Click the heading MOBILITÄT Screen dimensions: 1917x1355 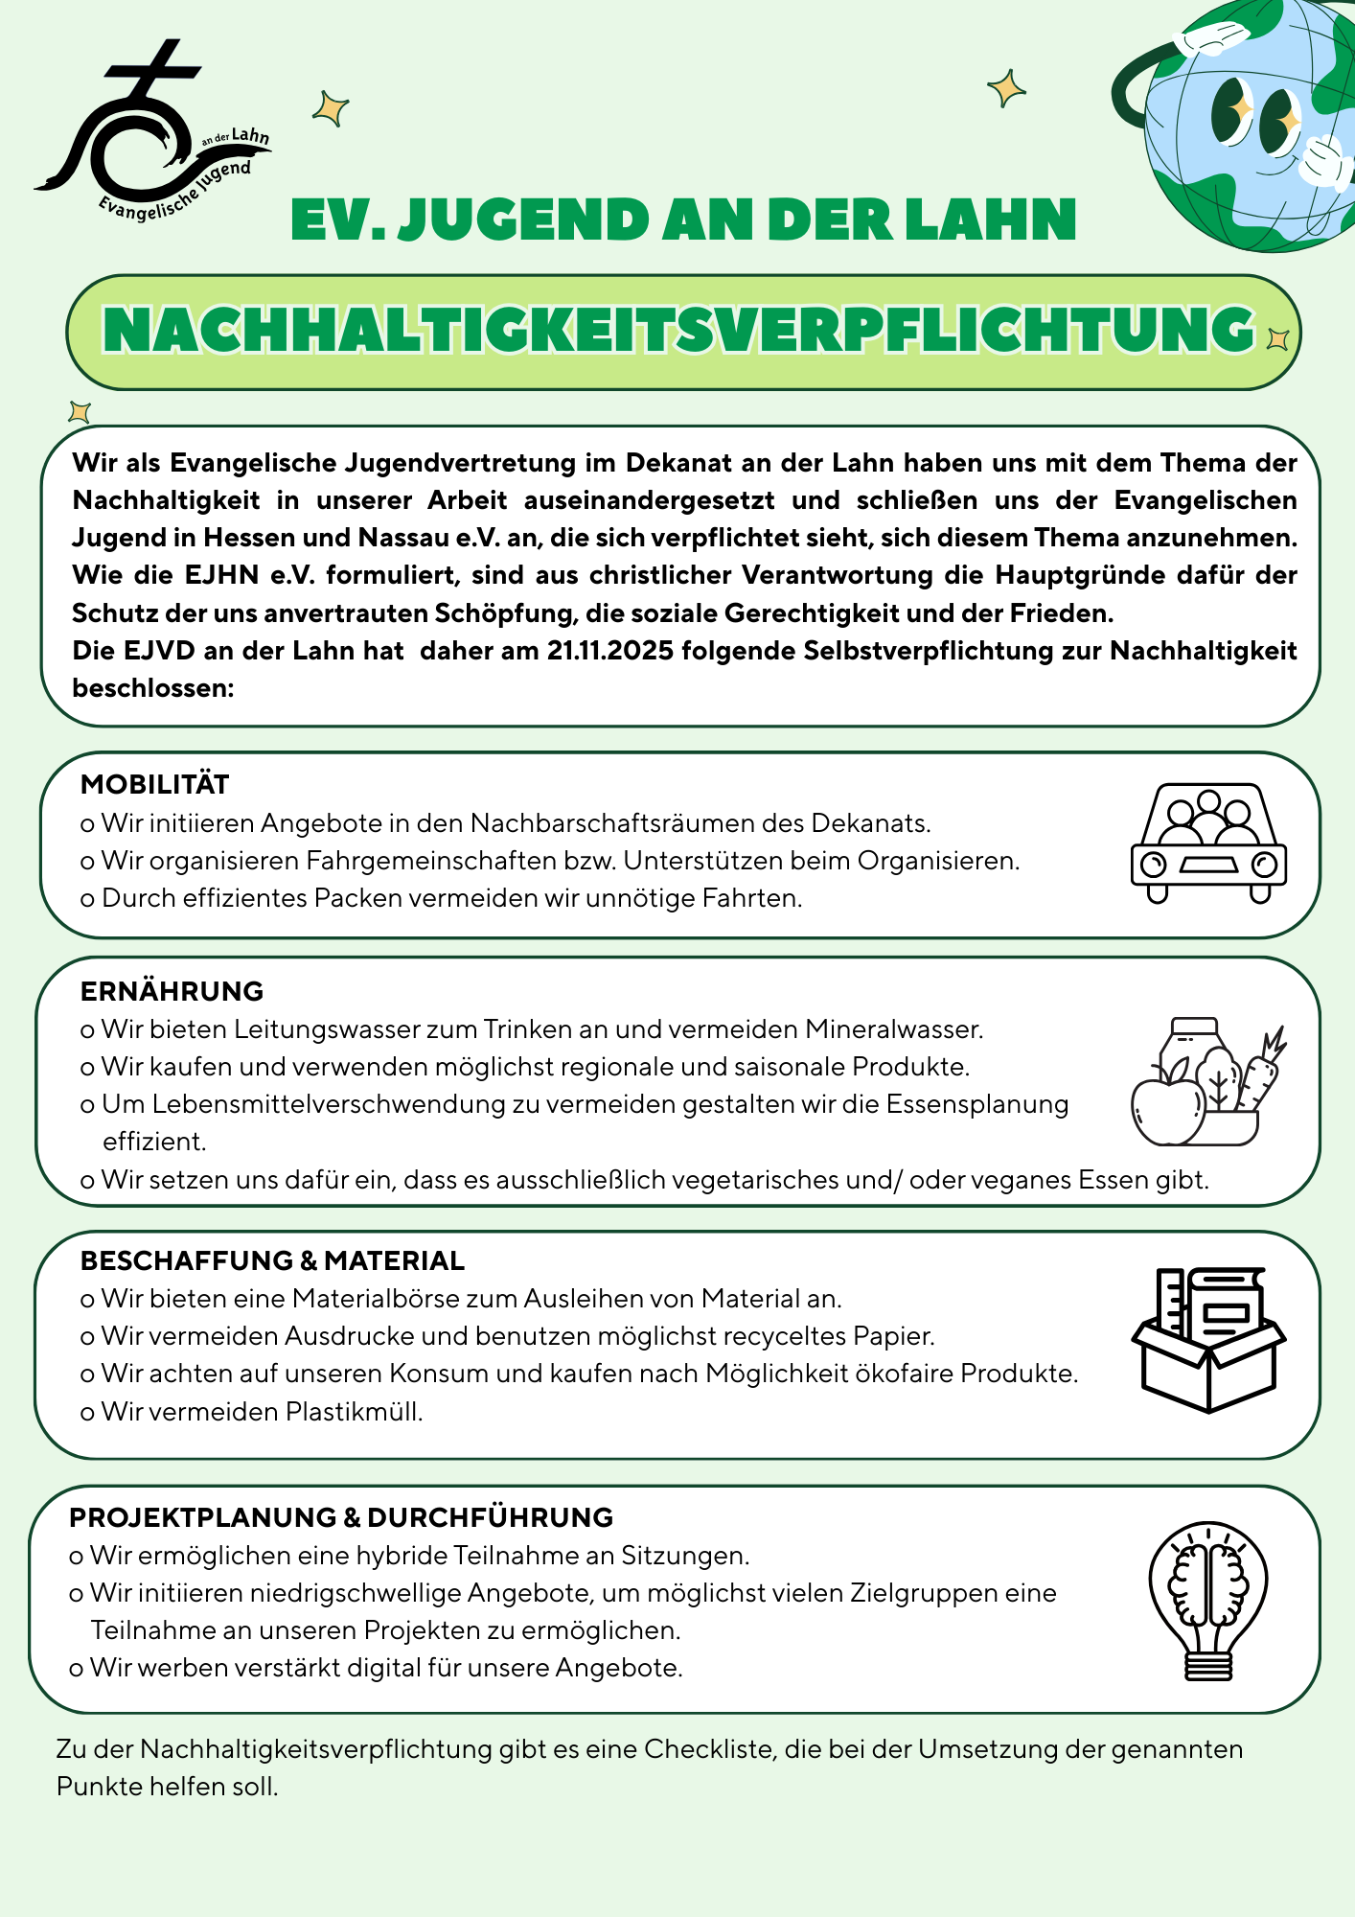point(155,784)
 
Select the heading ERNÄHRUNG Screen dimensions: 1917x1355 point(172,991)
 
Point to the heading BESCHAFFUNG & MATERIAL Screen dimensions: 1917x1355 point(272,1260)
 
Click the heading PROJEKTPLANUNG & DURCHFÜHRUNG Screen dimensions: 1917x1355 point(341,1517)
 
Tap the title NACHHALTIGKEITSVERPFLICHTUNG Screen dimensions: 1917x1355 point(678,331)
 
